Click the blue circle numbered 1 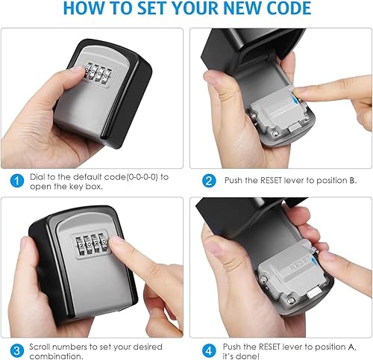tap(16, 180)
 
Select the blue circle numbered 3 tap(16, 348)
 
